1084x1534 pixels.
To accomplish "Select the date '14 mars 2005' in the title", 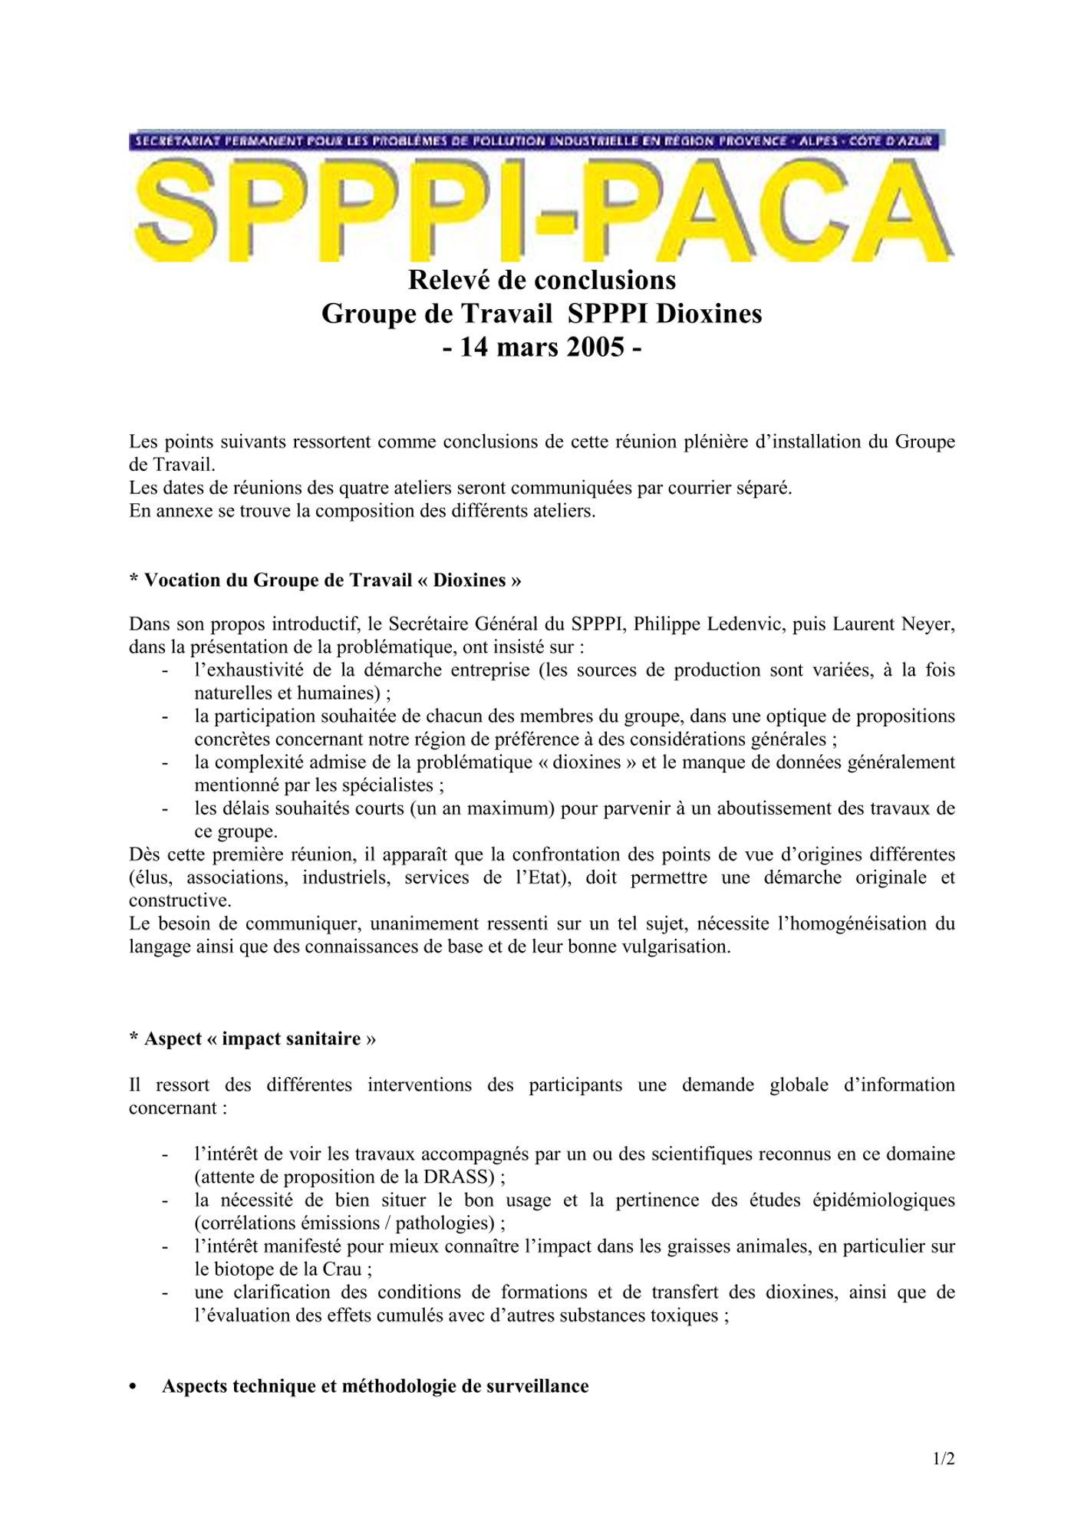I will (542, 347).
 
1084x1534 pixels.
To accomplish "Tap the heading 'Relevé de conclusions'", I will (542, 280).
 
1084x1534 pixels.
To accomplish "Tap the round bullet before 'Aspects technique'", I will (134, 1387).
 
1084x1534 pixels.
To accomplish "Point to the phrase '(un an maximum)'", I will (482, 808).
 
